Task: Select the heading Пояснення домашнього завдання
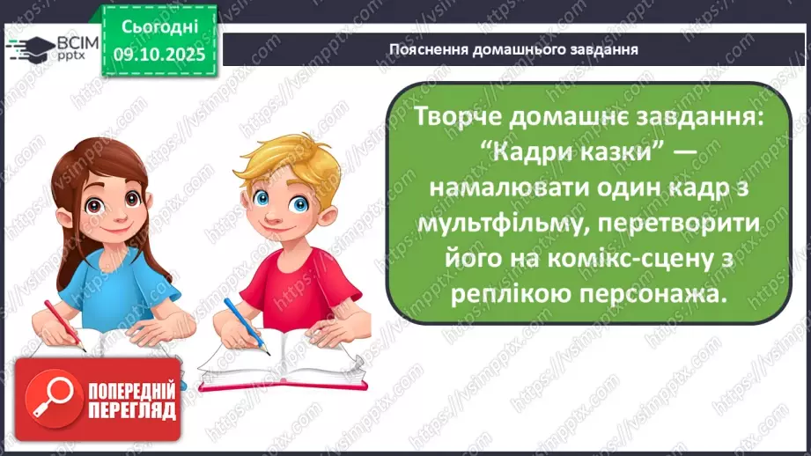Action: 513,48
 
